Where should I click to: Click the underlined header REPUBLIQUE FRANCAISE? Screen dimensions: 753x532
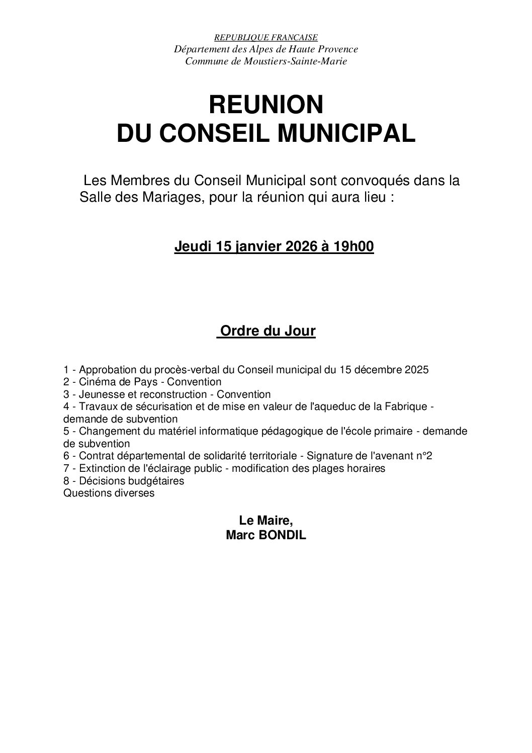266,37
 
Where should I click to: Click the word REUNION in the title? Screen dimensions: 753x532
266,105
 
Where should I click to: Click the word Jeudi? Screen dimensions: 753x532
193,247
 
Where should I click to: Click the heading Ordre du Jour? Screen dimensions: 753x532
267,331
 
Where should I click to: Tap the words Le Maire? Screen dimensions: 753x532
266,522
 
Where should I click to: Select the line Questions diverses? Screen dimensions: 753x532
109,493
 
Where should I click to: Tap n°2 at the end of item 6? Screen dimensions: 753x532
425,456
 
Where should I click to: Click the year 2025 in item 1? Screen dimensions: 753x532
416,370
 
